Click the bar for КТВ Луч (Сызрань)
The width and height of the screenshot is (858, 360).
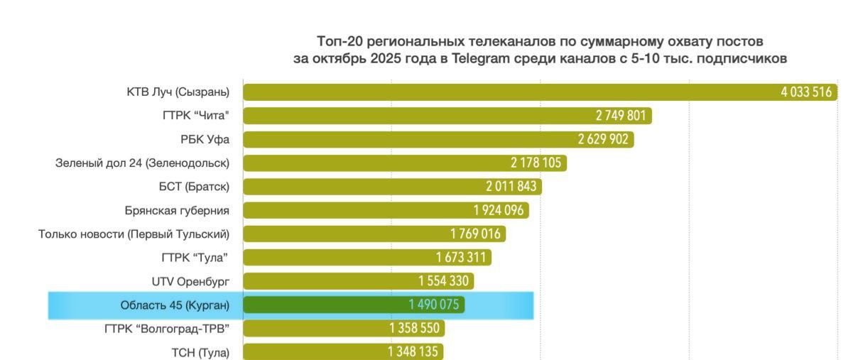tap(497, 92)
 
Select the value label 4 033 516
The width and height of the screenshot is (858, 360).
tap(806, 92)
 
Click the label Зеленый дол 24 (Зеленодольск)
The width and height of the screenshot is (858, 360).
tap(142, 163)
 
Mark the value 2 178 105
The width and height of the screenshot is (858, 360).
tap(536, 163)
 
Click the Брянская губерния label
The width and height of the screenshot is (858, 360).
tap(177, 210)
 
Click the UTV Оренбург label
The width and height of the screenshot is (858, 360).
tap(190, 281)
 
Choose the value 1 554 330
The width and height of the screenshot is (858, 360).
tap(443, 281)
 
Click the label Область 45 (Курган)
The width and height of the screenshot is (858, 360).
tap(175, 305)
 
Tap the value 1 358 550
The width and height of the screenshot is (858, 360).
tap(414, 329)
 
